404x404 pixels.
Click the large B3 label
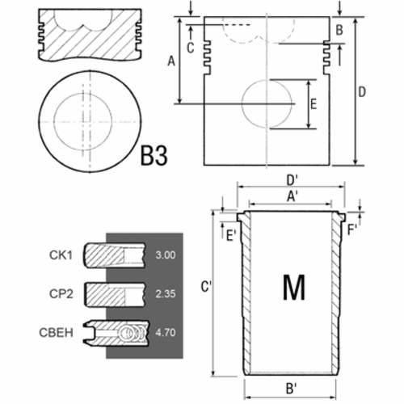(x=154, y=155)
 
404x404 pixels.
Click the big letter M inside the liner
(x=294, y=287)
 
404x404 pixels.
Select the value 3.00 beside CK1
(x=166, y=255)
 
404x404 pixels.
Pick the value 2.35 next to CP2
(x=166, y=293)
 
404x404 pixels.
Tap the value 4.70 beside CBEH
(x=166, y=332)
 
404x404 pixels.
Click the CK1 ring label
(x=61, y=255)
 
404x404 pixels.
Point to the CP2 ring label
(x=61, y=293)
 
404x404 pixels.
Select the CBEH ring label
(x=56, y=332)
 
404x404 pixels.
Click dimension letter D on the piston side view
(x=362, y=92)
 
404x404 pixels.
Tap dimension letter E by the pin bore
(x=314, y=104)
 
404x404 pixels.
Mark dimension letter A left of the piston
(x=171, y=61)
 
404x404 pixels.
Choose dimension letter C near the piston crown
(x=191, y=48)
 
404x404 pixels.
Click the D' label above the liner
(x=292, y=180)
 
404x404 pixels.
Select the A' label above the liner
(x=292, y=196)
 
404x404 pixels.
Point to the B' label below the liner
(x=291, y=389)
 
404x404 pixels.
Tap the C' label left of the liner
(x=206, y=287)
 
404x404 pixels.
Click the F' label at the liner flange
(x=352, y=229)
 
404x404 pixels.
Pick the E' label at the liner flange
(x=231, y=236)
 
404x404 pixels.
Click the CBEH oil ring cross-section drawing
(x=116, y=333)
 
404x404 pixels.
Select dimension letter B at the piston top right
(x=339, y=30)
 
